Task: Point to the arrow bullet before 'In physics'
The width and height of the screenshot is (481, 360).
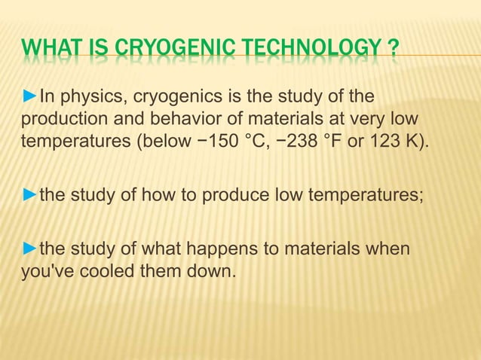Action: tap(29, 96)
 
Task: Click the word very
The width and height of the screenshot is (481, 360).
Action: tap(357, 118)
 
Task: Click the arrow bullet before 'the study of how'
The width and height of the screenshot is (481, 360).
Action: tap(29, 197)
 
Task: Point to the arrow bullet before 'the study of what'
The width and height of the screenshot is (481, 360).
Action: tap(29, 249)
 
